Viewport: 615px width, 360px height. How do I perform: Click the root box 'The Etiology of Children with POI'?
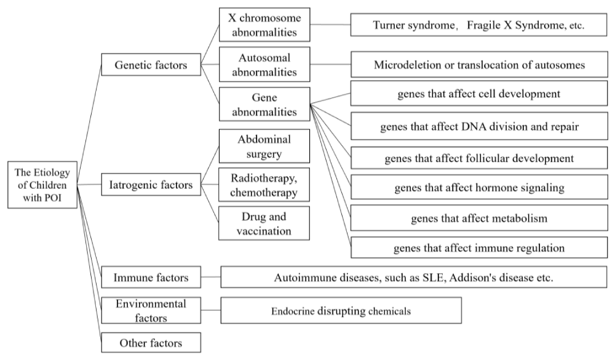tap(42, 185)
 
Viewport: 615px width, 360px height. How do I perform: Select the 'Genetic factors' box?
tap(151, 65)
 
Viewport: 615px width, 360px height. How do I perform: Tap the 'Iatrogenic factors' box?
tap(151, 185)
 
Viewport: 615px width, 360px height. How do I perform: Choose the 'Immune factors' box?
tap(151, 277)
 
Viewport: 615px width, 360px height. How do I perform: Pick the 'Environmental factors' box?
tap(151, 310)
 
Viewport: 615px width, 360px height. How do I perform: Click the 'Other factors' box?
tap(151, 343)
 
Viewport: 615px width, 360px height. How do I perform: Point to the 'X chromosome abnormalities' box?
tap(264, 25)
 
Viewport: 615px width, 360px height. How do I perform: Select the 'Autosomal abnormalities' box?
tap(264, 65)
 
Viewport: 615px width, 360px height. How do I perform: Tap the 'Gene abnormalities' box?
tap(264, 104)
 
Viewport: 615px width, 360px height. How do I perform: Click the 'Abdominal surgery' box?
tap(264, 146)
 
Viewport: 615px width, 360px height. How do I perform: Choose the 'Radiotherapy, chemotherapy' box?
tap(264, 185)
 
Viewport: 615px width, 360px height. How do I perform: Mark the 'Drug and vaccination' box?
tap(264, 223)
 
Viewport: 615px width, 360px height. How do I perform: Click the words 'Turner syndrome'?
tap(413, 25)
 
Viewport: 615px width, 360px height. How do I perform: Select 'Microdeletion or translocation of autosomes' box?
tap(479, 65)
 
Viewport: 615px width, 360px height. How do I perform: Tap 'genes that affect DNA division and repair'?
tap(479, 126)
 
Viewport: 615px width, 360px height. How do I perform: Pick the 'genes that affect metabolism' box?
tap(479, 218)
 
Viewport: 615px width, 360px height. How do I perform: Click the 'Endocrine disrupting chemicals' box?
tap(341, 311)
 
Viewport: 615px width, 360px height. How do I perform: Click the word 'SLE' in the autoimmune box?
tap(433, 278)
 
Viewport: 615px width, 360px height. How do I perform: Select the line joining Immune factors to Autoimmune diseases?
tap(211, 277)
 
